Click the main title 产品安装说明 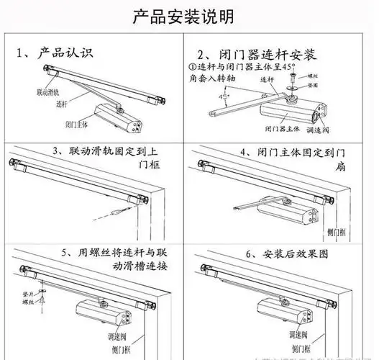(x=189, y=16)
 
